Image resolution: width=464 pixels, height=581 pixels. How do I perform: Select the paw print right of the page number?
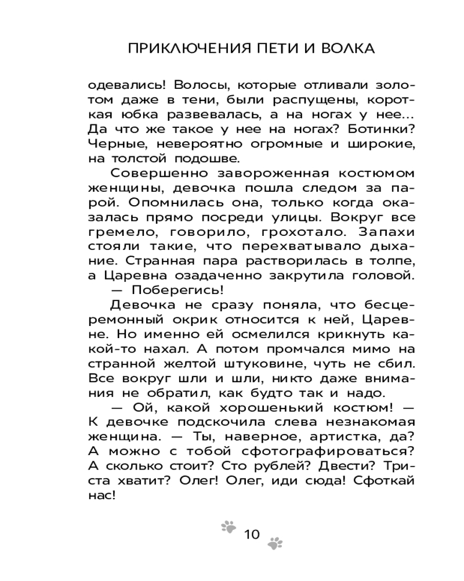tap(275, 543)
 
